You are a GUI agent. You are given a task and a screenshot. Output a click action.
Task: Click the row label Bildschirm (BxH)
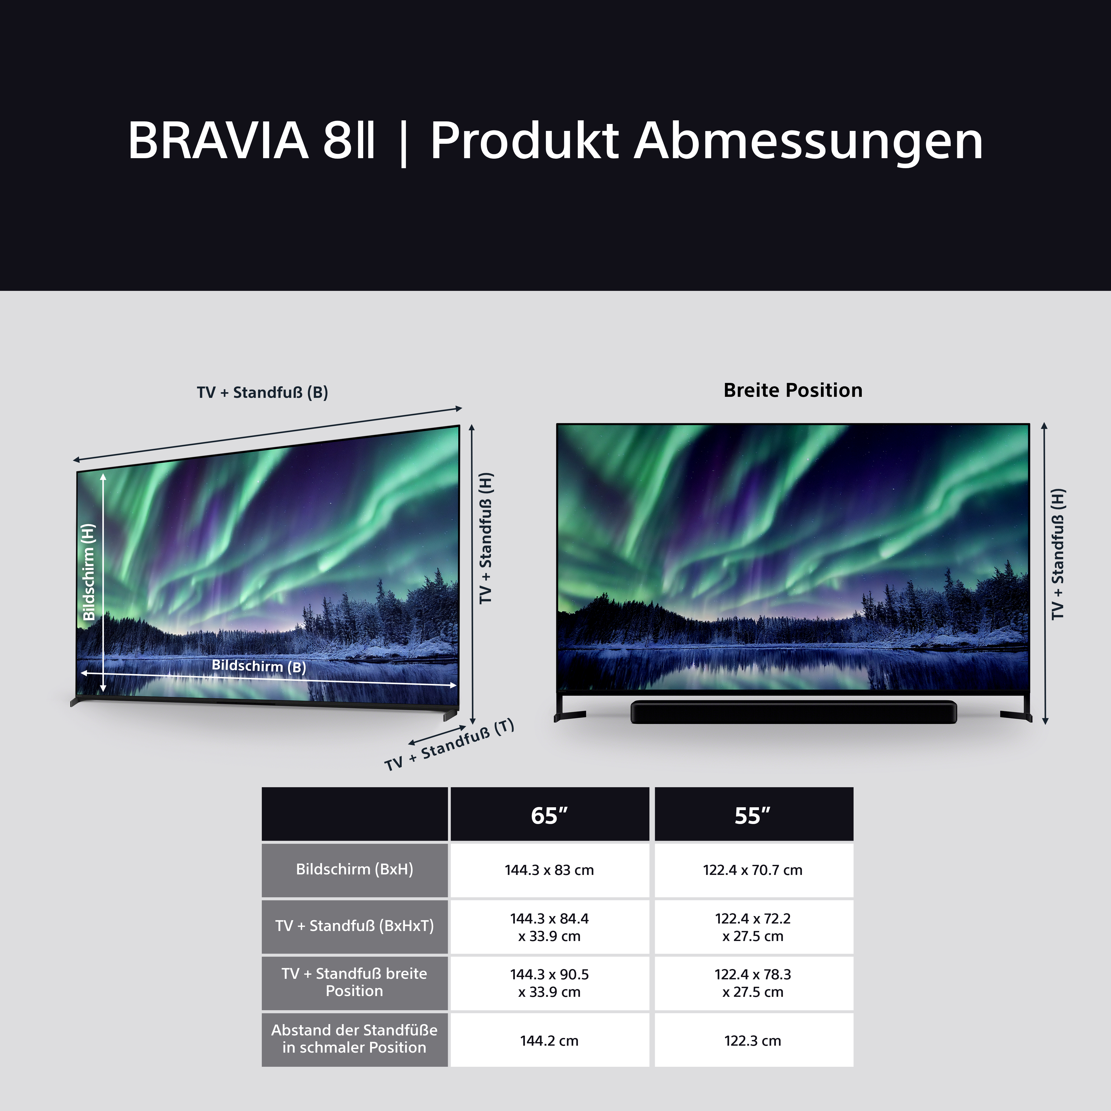click(x=354, y=870)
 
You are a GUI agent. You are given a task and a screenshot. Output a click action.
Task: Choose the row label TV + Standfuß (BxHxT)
click(x=354, y=926)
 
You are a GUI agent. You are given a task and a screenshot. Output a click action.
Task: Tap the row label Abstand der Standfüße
click(x=354, y=1038)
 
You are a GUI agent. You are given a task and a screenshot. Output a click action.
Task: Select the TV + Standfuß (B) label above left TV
click(x=262, y=393)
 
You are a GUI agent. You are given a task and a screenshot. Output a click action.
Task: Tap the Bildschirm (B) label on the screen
click(x=259, y=666)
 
